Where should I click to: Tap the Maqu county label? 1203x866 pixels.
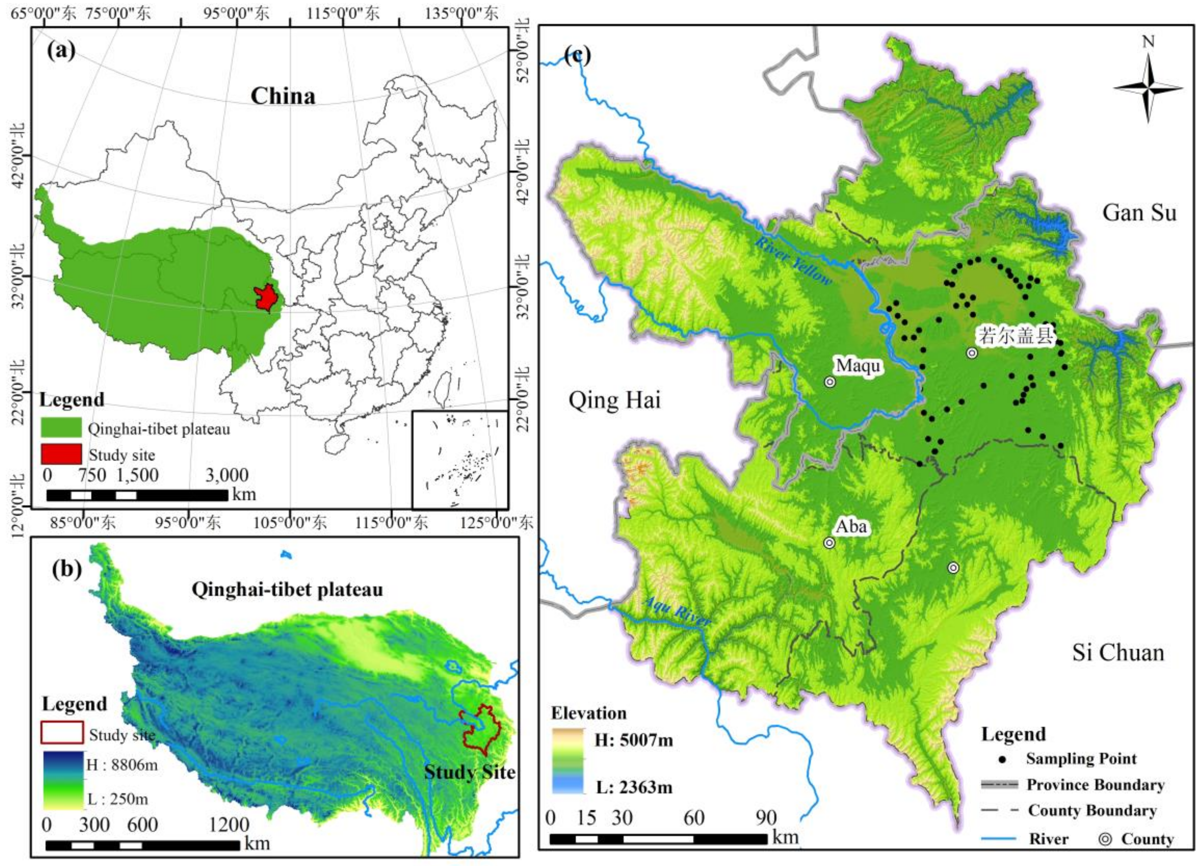pos(858,366)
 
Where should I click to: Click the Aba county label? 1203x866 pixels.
pos(851,527)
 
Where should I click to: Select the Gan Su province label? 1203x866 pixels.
pos(1139,213)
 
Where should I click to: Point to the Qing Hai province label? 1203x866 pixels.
pos(614,400)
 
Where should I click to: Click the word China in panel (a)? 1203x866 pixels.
pos(283,97)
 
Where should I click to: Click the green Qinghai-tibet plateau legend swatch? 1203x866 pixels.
pos(62,428)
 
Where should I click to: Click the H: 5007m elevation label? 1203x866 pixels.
pos(633,740)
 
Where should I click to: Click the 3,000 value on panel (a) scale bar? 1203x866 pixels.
pos(227,475)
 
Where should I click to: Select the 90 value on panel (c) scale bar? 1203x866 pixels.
pos(766,818)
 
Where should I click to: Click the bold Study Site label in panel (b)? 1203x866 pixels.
pos(469,772)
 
